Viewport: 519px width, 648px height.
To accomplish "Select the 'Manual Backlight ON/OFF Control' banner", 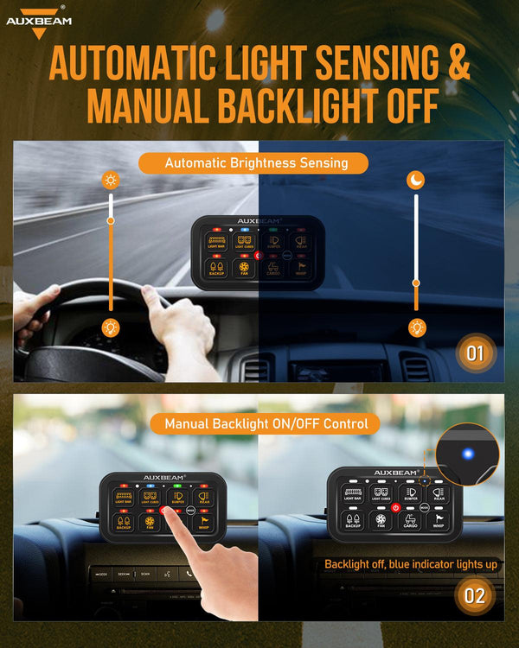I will click(x=266, y=423).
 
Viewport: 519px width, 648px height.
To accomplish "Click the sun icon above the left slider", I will click(x=111, y=181).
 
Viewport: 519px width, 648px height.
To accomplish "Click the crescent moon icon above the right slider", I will click(x=416, y=180).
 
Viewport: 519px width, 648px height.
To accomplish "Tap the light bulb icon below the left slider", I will click(x=111, y=327).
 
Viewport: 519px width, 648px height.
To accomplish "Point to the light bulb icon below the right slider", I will click(x=416, y=327).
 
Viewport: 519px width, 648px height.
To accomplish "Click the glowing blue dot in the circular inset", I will click(x=466, y=453).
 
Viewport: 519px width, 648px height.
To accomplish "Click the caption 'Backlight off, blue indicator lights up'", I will click(x=410, y=564).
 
